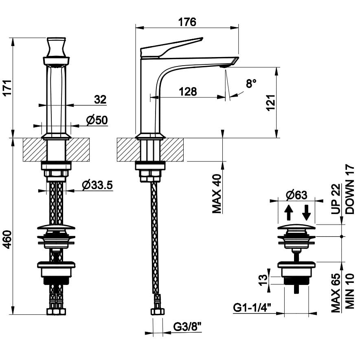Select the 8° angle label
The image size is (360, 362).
251,84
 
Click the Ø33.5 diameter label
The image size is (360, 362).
97,185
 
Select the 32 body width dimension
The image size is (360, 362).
100,99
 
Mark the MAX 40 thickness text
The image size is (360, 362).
217,194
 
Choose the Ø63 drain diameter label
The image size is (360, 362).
296,195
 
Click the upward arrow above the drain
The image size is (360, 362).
288,212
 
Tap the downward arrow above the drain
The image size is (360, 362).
306,212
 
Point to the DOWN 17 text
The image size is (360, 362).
350,190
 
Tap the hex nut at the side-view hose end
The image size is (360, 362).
158,312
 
